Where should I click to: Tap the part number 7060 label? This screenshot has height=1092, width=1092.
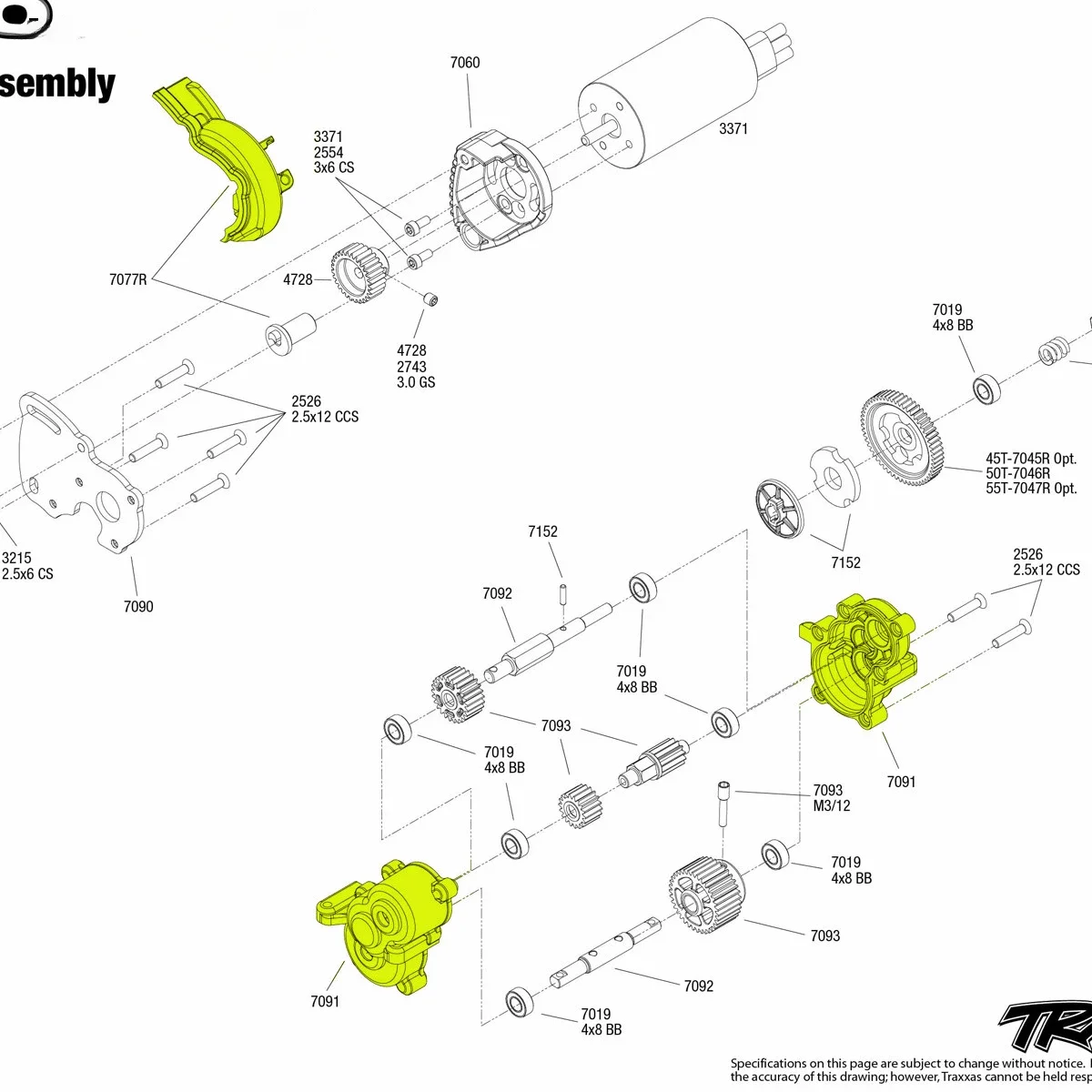tap(465, 63)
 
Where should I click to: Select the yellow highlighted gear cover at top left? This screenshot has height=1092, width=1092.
tap(227, 164)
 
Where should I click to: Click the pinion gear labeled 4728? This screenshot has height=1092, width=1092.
tap(360, 273)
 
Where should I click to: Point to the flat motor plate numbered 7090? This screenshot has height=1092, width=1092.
tap(82, 482)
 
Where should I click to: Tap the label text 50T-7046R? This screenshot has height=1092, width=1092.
tap(1017, 473)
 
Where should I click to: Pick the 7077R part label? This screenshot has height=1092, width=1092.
tap(127, 279)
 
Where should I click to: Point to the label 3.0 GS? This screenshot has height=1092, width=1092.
tap(416, 382)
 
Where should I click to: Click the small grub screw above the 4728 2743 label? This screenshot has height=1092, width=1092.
tap(430, 298)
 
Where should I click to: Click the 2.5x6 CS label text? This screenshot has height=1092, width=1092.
tap(27, 574)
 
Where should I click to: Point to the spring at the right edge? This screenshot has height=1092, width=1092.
tap(1055, 349)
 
